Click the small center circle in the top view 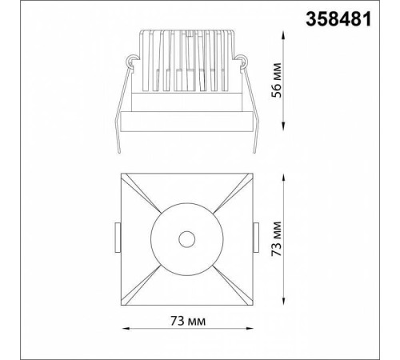186,238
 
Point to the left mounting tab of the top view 117,238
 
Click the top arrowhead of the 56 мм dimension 286,33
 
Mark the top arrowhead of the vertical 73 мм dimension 286,174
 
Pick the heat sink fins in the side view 186,60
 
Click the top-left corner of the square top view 122,172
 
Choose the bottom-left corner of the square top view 122,303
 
